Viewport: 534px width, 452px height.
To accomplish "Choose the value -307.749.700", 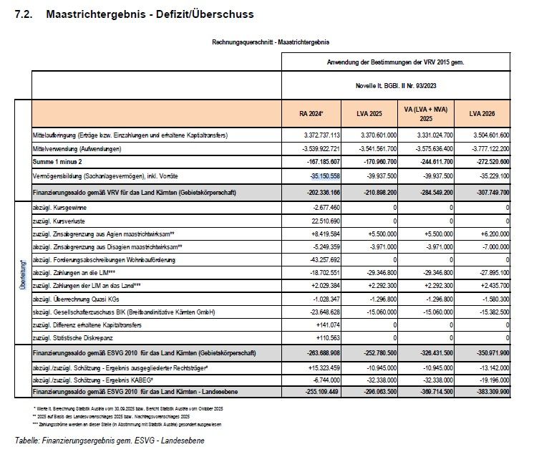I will pos(483,193).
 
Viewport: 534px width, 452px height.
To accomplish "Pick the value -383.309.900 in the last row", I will pos(483,393).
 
